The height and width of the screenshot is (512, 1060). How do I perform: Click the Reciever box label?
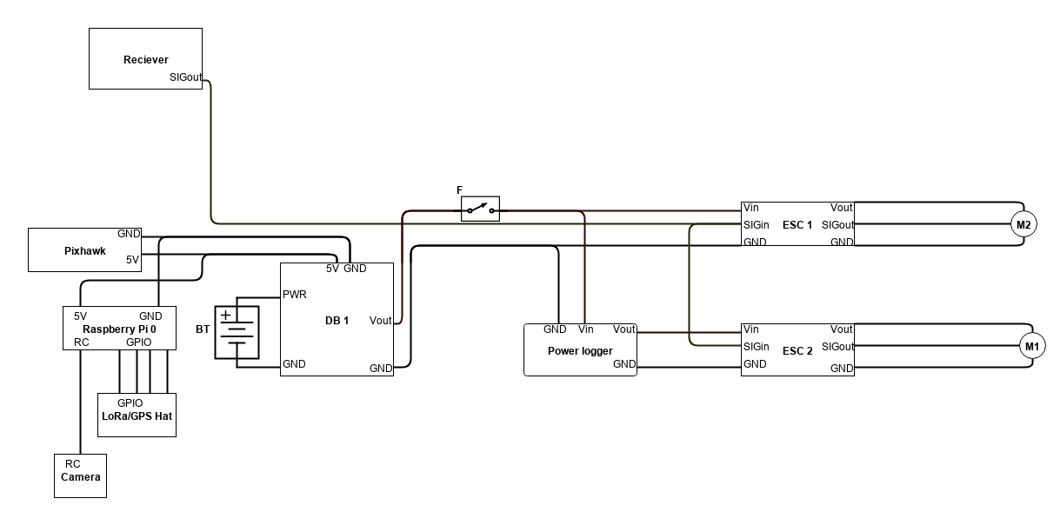pos(146,60)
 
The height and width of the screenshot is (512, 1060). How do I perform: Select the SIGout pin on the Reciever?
pos(186,77)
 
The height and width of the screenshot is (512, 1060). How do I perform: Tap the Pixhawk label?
pos(84,251)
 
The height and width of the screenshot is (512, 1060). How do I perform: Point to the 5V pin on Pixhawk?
pos(132,260)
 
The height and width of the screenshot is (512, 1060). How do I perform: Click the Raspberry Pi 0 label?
pos(119,329)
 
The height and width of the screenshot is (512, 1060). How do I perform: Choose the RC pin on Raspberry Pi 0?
pos(82,342)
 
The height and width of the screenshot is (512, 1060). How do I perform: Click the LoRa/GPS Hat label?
pos(137,416)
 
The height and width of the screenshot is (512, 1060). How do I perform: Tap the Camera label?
pos(81,477)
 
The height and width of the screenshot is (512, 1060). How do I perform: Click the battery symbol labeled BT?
pos(237,332)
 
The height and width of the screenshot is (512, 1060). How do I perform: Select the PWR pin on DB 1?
pos(294,295)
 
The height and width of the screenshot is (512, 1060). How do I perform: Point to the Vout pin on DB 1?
pos(381,321)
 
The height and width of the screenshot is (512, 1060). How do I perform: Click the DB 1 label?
pos(337,321)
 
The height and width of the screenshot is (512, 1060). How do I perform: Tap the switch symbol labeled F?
pos(480,209)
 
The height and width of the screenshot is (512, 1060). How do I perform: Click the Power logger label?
pos(580,350)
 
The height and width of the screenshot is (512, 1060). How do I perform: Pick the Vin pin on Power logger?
pos(586,329)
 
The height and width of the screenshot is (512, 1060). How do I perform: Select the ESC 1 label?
pos(797,225)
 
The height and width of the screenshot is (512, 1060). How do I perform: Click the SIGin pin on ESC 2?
pos(757,346)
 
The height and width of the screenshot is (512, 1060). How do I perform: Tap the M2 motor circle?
pos(1023,224)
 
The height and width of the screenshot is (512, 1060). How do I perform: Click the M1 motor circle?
pos(1032,346)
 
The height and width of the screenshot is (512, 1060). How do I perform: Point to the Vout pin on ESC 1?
pos(842,207)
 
